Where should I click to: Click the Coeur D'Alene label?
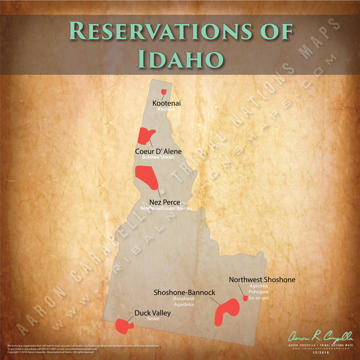pyautogui.click(x=158, y=151)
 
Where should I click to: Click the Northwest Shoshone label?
pyautogui.click(x=262, y=279)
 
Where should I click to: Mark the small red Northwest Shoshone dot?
pyautogui.click(x=245, y=298)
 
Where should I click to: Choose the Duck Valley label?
pyautogui.click(x=153, y=313)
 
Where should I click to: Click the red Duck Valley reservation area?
pyautogui.click(x=122, y=325)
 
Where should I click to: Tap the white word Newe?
pyautogui.click(x=153, y=319)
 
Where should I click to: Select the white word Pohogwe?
pyautogui.click(x=258, y=292)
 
